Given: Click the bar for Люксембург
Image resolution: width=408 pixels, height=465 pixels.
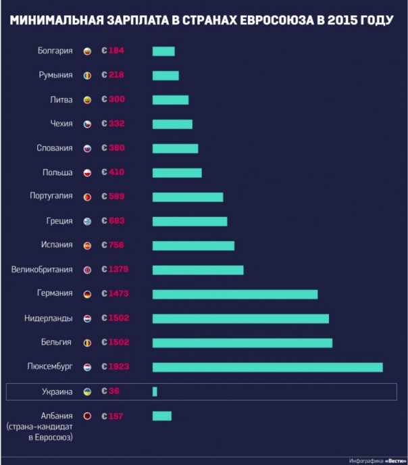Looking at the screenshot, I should click(x=267, y=367).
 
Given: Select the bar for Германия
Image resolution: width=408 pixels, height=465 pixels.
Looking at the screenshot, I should click(x=235, y=294).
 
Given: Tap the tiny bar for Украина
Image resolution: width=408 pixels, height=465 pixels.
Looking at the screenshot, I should click(x=155, y=391).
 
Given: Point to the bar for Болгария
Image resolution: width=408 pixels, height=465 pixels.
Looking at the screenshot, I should click(x=163, y=51).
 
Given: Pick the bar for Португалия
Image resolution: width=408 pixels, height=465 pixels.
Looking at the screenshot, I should click(x=188, y=197).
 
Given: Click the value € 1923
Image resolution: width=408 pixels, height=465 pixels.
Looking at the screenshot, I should click(x=115, y=367).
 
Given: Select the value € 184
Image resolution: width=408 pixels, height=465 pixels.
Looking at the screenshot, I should click(x=113, y=51).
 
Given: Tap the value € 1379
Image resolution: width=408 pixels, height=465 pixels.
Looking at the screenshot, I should click(x=115, y=270).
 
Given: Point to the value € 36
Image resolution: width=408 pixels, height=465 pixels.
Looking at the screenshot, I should click(x=109, y=391).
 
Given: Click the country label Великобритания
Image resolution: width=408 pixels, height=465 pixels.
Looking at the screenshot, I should click(x=42, y=270).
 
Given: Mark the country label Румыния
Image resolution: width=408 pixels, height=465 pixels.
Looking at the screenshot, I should click(x=56, y=75).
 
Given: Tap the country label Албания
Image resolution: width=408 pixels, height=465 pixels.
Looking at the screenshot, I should click(x=57, y=416).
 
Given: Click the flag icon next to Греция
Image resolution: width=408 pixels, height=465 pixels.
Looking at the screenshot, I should click(x=87, y=221).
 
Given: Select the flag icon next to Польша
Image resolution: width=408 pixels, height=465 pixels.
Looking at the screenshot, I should click(x=87, y=172).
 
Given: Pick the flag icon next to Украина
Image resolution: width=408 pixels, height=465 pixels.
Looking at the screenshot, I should click(x=87, y=391).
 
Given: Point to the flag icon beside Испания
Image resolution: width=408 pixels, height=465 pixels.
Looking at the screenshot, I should click(x=87, y=245).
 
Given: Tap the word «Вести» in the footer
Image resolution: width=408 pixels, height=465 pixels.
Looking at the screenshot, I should click(x=395, y=460).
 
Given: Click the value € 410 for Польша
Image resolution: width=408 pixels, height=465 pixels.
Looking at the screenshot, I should click(x=113, y=172).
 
